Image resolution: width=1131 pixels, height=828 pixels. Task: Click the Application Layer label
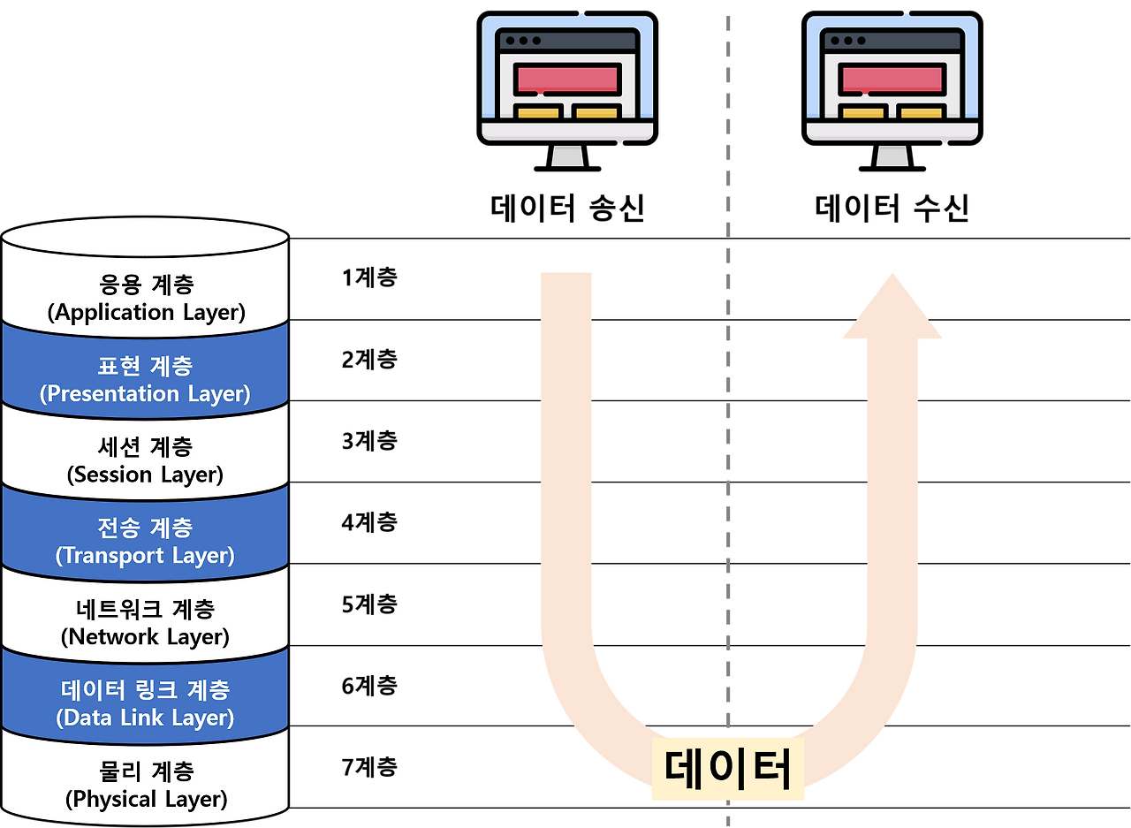(146, 312)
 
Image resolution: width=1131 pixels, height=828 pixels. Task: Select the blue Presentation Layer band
(145, 380)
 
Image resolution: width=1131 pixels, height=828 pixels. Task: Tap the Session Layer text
(145, 475)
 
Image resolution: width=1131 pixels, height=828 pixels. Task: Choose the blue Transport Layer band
(145, 542)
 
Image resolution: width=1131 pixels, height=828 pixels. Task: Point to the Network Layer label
(145, 636)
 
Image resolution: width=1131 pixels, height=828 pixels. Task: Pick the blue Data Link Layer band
(145, 703)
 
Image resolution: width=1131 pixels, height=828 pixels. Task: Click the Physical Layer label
(146, 799)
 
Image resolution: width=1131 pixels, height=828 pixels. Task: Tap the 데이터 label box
(727, 769)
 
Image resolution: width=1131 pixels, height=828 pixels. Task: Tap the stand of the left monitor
(567, 155)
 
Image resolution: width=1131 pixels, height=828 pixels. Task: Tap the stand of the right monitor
(892, 155)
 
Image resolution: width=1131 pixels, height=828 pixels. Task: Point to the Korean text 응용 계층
(146, 285)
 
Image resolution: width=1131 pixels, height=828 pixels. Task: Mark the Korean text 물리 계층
(146, 771)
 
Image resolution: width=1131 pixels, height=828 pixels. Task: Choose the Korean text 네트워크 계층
(145, 609)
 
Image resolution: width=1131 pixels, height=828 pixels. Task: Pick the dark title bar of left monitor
(567, 41)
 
